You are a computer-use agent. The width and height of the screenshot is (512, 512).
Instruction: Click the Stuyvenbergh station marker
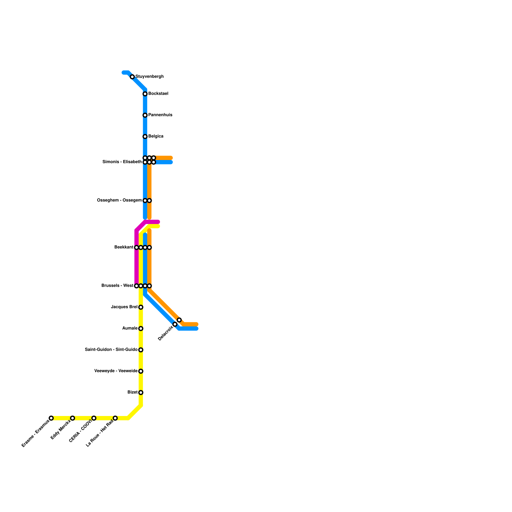pos(132,77)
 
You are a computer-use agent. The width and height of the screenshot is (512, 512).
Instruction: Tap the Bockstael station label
pos(158,94)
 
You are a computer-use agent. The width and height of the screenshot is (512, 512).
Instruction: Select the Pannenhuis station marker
pos(145,115)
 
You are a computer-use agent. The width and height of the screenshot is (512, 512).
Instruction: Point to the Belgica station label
pos(156,136)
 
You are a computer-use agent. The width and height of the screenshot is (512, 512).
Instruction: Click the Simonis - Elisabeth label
pos(122,162)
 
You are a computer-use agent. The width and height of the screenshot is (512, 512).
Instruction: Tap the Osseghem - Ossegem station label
pos(119,200)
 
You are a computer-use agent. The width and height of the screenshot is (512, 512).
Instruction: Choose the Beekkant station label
pos(124,247)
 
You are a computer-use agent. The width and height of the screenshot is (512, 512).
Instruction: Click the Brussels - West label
pos(117,286)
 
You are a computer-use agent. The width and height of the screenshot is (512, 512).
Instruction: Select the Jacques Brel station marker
pos(141,307)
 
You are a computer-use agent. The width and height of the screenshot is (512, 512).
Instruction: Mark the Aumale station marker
pos(141,329)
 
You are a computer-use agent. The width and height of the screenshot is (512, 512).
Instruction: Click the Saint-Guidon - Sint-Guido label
pos(111,350)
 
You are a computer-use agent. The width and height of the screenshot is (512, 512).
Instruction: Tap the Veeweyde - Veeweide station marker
pos(141,371)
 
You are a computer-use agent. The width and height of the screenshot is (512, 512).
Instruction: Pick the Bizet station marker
pos(141,393)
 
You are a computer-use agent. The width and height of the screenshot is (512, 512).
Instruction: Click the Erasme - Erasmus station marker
pos(51,418)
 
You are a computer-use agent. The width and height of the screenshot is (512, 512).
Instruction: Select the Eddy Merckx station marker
pos(73,418)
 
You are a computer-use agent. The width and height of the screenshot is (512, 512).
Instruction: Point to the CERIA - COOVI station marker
pos(94,418)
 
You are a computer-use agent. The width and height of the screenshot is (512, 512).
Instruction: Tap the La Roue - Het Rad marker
pos(115,418)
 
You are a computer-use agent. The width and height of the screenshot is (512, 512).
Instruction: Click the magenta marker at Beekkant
pos(137,247)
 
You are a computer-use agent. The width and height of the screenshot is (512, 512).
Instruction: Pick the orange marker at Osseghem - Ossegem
pos(149,200)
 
